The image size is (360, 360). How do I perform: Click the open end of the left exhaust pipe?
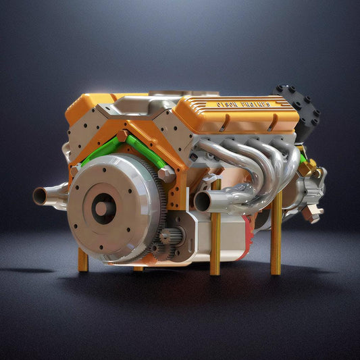tap(41, 196)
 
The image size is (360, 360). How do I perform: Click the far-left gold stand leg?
tap(82, 260)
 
